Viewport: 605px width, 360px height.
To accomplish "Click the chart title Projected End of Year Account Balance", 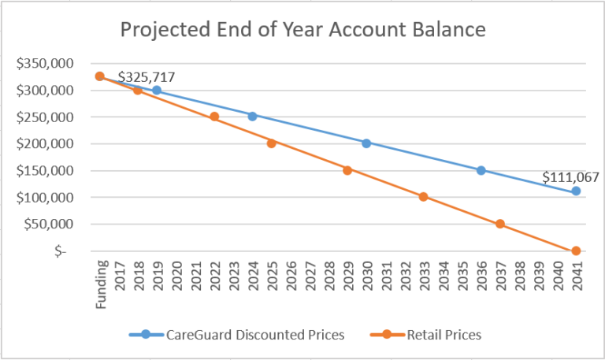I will tap(302, 30).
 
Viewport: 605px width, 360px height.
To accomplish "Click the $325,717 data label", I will tap(147, 77).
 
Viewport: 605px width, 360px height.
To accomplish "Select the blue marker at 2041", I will tap(576, 191).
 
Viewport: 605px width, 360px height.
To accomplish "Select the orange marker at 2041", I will tap(576, 251).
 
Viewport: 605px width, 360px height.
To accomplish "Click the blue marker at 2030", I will tap(366, 143).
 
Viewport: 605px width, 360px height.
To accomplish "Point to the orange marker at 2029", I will tap(347, 170).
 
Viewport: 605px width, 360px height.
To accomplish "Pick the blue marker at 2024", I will tap(252, 116).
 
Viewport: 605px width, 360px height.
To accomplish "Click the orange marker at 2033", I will tap(424, 197).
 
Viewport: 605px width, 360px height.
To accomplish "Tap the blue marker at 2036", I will tap(481, 170).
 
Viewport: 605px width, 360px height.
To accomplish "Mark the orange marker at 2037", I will tap(499, 224).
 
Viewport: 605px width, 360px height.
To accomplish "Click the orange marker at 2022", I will tap(214, 117).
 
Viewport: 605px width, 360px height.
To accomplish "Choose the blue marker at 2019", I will tap(157, 90).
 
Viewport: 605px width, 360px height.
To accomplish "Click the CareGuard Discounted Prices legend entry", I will tap(236, 335).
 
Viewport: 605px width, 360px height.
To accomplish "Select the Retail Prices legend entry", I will tap(425, 335).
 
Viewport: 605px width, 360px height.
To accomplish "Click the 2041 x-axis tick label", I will tap(576, 276).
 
